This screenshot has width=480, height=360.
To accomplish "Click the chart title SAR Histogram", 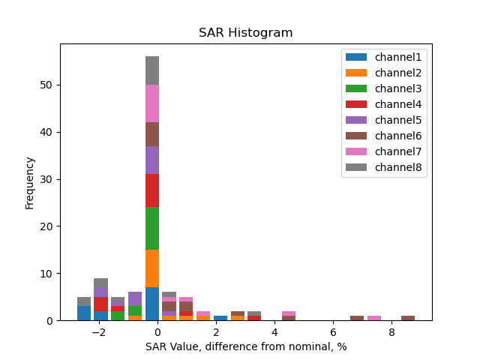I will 245,33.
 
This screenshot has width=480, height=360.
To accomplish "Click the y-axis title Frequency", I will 30,182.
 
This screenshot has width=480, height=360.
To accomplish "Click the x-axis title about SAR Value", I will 245,346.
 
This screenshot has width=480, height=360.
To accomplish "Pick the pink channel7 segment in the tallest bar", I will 152,103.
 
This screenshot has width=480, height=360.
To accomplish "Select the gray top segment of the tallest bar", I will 152,70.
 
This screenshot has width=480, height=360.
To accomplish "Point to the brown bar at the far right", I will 408,318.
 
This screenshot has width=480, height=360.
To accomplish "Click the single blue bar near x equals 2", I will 220,318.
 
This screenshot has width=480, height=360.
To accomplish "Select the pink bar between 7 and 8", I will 374,318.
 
